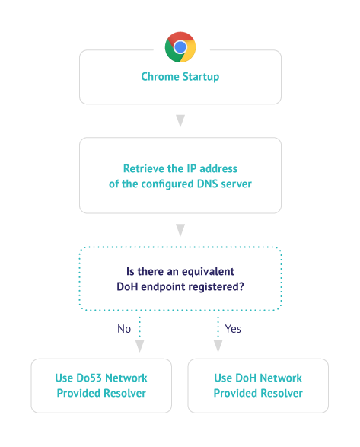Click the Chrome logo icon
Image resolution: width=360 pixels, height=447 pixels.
(180, 47)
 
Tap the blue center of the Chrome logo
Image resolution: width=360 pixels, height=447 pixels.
(180, 47)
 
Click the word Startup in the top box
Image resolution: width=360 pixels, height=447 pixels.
(201, 77)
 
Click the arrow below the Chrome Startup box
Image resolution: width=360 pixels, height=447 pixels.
(180, 120)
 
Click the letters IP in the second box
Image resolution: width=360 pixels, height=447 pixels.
(192, 168)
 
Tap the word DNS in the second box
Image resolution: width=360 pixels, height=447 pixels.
(207, 184)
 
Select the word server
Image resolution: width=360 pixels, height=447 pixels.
(236, 184)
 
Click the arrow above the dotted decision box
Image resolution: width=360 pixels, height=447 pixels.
(180, 230)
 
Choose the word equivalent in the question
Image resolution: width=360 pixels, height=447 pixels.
(208, 272)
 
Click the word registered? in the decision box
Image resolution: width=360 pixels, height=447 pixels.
(216, 287)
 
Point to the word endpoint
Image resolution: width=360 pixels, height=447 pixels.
(162, 287)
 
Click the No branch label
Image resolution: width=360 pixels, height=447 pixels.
(124, 329)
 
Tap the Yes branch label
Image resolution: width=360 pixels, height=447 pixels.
(233, 329)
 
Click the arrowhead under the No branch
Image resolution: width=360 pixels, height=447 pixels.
(139, 346)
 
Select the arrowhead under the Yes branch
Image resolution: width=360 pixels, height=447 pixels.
(218, 346)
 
